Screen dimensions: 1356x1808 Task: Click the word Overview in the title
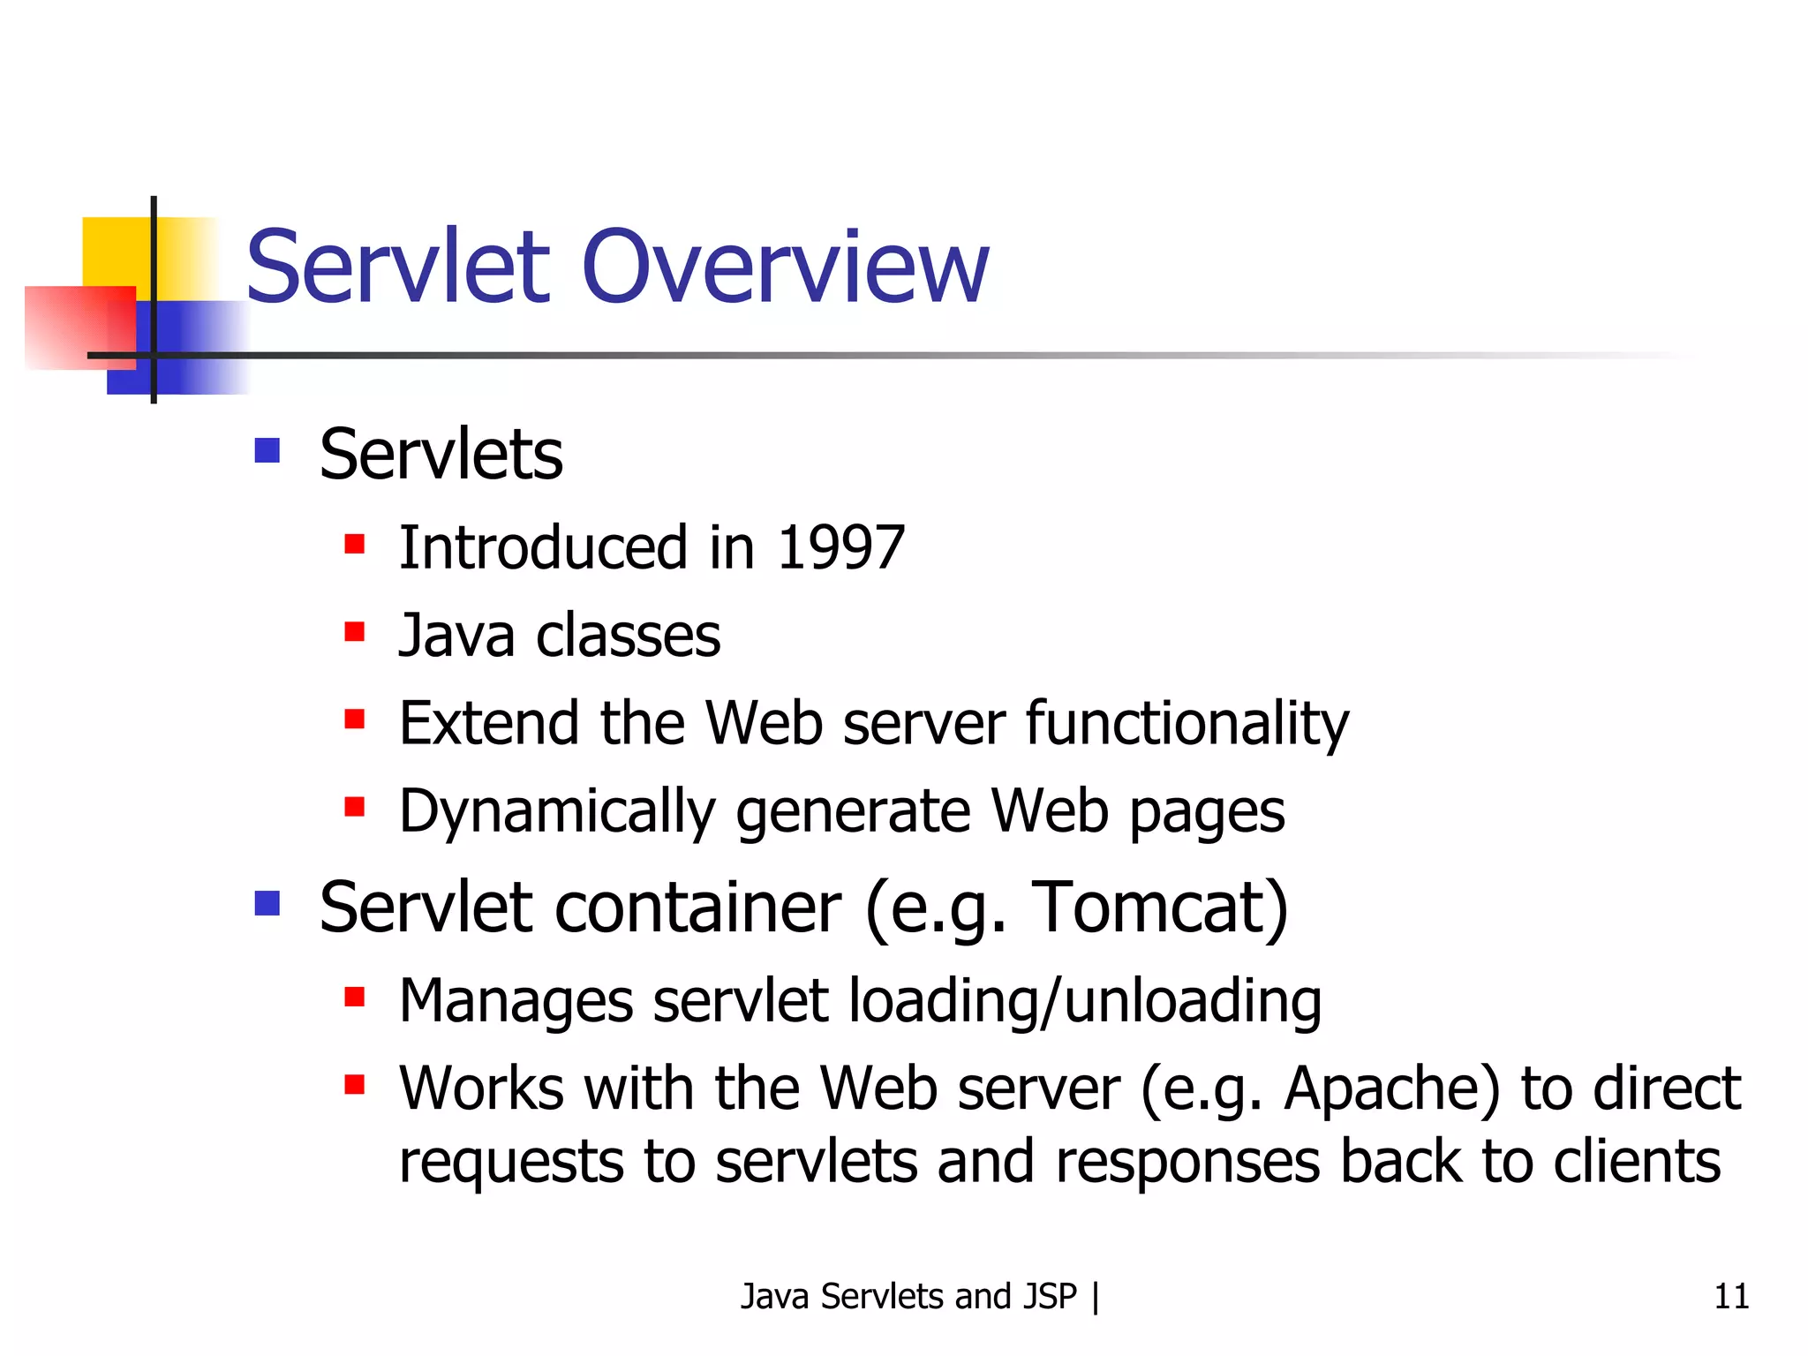785,267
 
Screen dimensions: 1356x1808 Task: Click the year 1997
840,547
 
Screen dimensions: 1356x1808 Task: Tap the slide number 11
1730,1296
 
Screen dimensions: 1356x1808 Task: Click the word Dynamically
557,811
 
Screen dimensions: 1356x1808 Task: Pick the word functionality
1186,724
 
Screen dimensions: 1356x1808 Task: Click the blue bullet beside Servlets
267,451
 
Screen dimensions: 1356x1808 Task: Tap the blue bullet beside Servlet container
267,903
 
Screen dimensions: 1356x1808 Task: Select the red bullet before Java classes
355,632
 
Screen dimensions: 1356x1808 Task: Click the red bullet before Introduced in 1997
355,544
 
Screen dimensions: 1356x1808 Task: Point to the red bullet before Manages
355,998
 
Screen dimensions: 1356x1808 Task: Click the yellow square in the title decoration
115,252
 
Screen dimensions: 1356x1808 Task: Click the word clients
1637,1161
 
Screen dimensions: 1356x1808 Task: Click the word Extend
489,724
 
